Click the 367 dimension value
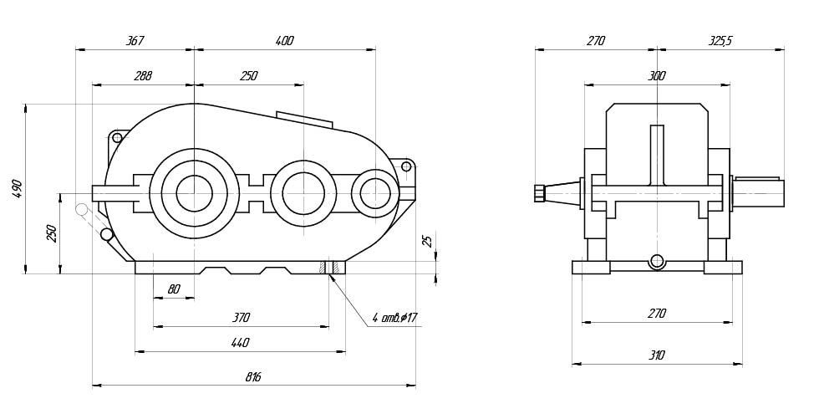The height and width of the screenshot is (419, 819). point(135,40)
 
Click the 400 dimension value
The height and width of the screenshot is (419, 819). point(284,40)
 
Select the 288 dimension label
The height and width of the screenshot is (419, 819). point(143,76)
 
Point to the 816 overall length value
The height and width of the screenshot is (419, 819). point(253,377)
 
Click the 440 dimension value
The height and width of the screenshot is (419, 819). point(240,343)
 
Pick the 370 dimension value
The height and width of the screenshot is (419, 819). point(241,318)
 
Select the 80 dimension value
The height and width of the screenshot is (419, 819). point(174,289)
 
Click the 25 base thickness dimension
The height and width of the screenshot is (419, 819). point(428,241)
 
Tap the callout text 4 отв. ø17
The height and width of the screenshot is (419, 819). point(394,318)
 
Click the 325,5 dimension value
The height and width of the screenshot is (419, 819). point(720,40)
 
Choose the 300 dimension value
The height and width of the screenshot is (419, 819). point(657,76)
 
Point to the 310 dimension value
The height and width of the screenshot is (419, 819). point(657,355)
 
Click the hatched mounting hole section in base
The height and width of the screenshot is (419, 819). point(328,267)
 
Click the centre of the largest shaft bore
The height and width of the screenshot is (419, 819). point(194,193)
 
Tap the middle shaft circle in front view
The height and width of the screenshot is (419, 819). point(303,193)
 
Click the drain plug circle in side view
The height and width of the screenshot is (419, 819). point(658,261)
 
